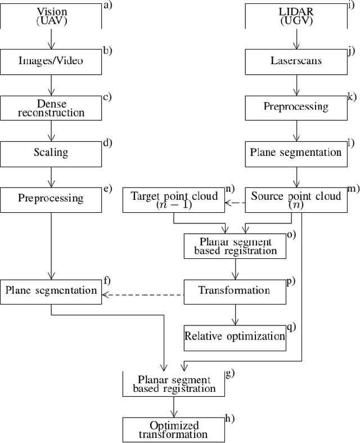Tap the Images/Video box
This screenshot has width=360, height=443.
coord(51,60)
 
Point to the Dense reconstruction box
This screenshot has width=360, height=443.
coord(51,107)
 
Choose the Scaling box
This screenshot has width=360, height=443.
coord(51,152)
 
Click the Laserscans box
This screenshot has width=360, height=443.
coord(296,60)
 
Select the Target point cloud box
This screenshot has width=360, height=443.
coord(173,200)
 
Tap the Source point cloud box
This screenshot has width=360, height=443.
coord(296,200)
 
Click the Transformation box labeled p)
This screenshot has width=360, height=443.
coord(234,291)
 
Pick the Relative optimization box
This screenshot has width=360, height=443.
coord(234,337)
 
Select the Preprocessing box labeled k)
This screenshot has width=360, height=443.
coord(296,107)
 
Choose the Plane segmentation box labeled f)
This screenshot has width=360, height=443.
coord(51,291)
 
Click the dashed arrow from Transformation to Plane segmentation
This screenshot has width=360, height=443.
coord(143,294)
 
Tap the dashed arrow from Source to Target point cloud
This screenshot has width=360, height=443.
coord(236,203)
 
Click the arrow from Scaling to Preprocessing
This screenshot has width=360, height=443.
coord(51,175)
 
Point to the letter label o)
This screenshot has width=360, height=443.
coord(292,234)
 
